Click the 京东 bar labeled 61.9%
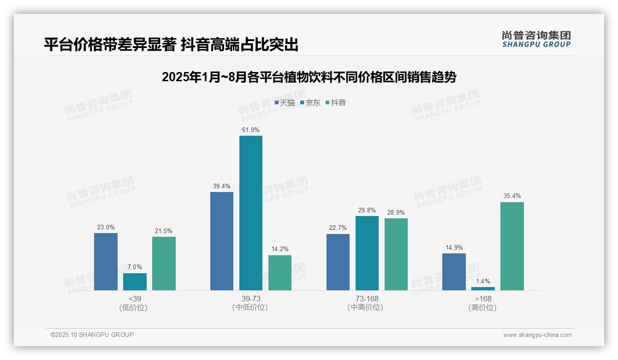(250, 213)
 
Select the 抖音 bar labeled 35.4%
(512, 246)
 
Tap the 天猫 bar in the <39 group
(106, 262)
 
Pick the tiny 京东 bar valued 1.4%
(483, 288)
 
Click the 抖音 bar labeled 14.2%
(280, 273)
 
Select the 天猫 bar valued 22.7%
(338, 262)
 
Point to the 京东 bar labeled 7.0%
(135, 282)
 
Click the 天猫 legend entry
(285, 103)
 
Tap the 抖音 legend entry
(336, 103)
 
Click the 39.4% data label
(221, 186)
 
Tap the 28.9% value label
(396, 212)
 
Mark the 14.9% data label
(454, 247)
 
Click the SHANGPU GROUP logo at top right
(536, 39)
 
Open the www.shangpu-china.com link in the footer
(537, 335)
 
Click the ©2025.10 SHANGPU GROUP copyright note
(92, 335)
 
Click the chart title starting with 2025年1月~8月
(309, 78)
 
